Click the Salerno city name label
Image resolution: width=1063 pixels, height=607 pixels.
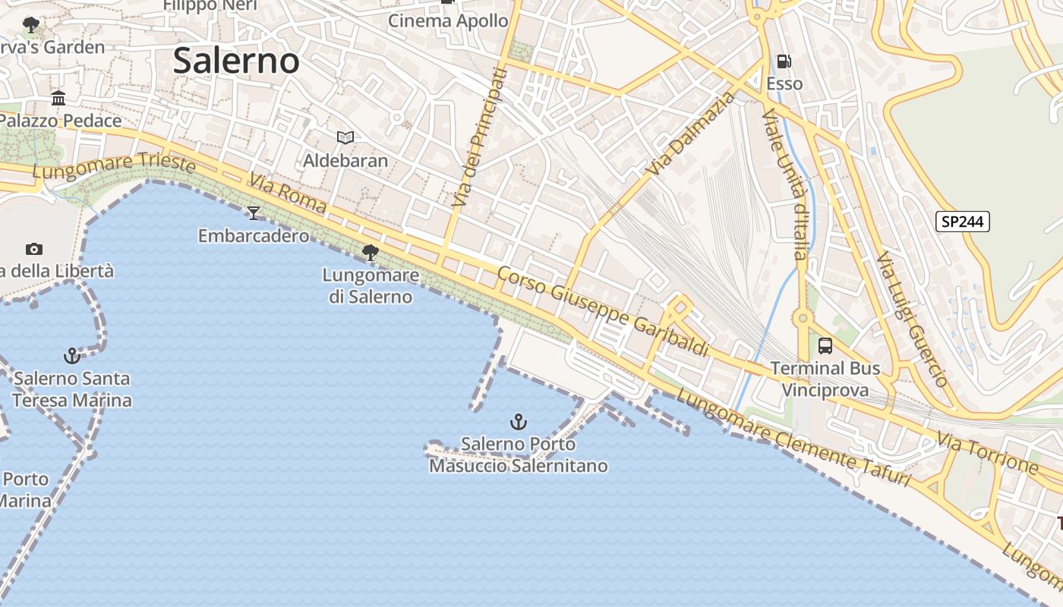236,61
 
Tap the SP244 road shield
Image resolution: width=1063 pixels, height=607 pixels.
963,222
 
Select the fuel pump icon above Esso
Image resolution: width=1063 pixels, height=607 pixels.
784,61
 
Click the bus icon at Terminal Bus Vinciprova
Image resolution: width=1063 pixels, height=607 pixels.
825,346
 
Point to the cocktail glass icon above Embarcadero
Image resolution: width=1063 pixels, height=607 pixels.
254,213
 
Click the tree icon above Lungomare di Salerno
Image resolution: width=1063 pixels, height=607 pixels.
371,252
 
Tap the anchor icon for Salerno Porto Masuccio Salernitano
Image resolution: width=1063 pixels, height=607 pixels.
519,421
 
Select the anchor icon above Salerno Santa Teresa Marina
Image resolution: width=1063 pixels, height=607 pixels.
72,355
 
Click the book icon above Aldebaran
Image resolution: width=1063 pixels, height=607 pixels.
345,137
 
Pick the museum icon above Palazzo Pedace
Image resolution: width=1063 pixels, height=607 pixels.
58,98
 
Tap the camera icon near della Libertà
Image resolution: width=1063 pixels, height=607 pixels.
33,249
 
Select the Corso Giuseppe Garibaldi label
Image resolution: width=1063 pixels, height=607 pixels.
604,311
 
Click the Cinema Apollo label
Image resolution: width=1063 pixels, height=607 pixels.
448,21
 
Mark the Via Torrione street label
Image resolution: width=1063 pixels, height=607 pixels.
986,452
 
